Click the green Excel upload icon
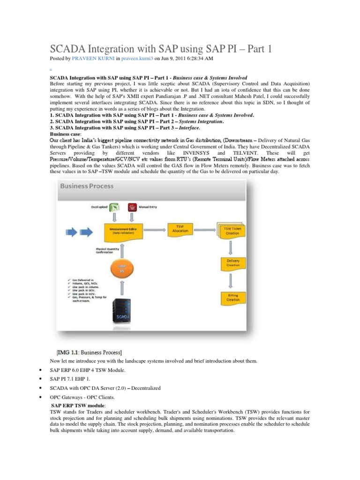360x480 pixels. [x=115, y=207]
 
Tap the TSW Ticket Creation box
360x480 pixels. [x=232, y=230]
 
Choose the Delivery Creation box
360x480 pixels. [x=233, y=263]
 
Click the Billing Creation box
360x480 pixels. [x=233, y=297]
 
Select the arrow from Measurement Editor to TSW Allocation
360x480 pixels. [x=155, y=229]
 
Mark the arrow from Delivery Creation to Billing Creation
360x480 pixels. [x=233, y=280]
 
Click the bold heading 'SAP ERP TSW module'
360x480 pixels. [x=78, y=405]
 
